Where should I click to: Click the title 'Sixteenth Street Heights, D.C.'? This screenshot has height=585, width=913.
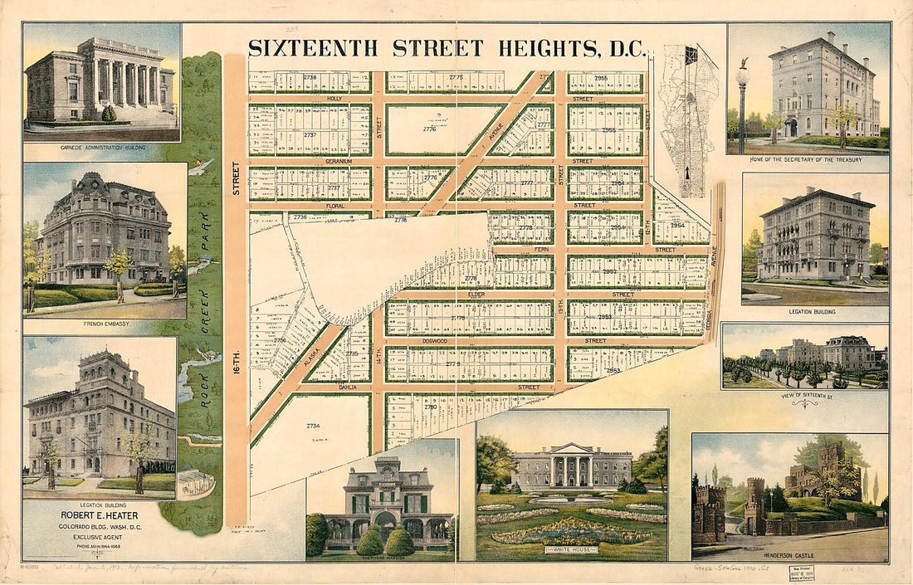447,48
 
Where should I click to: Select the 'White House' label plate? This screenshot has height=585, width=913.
570,549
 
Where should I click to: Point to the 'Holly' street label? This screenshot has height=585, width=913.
334,99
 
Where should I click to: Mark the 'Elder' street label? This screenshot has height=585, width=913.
476,294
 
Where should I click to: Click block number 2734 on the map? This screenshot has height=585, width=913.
312,426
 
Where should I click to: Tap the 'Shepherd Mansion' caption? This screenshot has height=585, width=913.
381,558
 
